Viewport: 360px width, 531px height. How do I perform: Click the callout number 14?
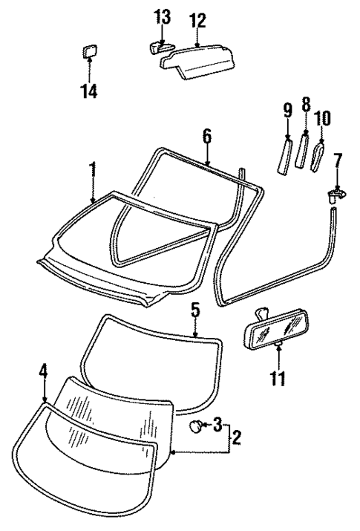(89, 92)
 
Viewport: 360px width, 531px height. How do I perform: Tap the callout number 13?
(162, 16)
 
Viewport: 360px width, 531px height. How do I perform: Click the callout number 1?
(93, 170)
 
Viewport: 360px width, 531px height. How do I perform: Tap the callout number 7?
(338, 161)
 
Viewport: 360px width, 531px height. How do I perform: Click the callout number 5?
(194, 308)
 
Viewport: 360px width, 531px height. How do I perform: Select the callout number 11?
(277, 378)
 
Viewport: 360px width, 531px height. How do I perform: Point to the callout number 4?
(43, 371)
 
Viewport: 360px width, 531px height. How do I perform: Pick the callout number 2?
(236, 438)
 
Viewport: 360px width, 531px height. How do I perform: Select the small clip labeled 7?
(337, 195)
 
